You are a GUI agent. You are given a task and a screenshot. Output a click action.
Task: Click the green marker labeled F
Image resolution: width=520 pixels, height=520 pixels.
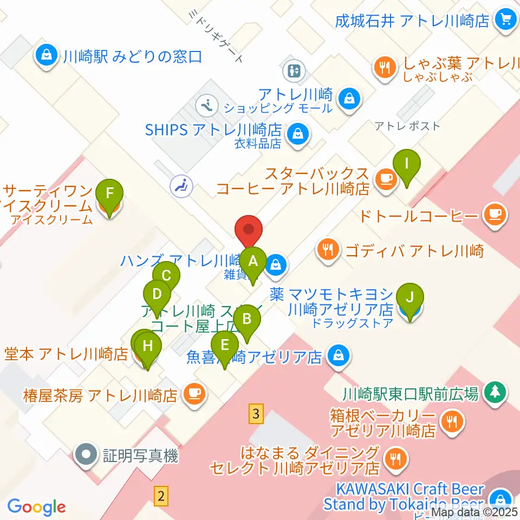[109, 193]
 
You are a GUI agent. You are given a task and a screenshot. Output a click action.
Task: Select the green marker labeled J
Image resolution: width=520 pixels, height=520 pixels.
[410, 297]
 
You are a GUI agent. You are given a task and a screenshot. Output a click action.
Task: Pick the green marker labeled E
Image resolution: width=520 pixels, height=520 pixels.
[225, 345]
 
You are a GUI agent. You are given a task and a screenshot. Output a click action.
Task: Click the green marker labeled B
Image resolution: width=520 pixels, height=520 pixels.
[246, 319]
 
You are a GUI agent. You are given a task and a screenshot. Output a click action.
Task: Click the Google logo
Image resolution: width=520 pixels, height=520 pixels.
[36, 506]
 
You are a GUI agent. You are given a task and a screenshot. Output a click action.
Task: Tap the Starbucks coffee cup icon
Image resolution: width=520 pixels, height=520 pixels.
[385, 178]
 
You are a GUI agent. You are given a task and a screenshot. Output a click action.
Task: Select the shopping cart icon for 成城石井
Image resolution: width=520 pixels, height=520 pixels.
[506, 21]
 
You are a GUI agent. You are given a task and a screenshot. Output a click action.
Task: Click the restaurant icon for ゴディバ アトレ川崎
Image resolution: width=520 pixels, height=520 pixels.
[328, 250]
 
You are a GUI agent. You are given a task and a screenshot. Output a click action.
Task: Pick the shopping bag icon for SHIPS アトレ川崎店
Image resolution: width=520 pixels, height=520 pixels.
[297, 133]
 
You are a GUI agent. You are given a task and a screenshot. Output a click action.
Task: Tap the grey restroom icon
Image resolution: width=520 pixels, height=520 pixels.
[296, 70]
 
